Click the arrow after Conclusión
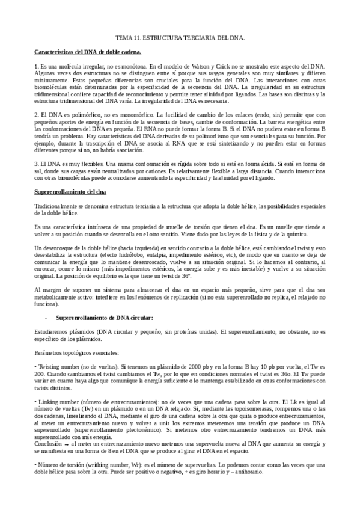coord(64,445)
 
